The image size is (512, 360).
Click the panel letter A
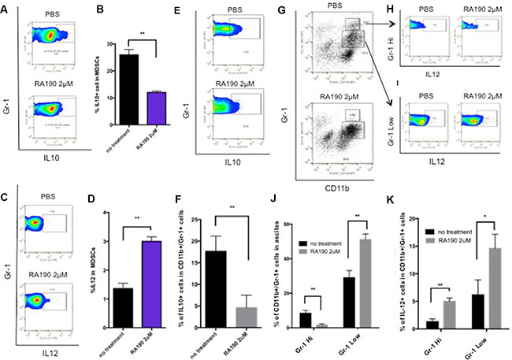6,10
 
